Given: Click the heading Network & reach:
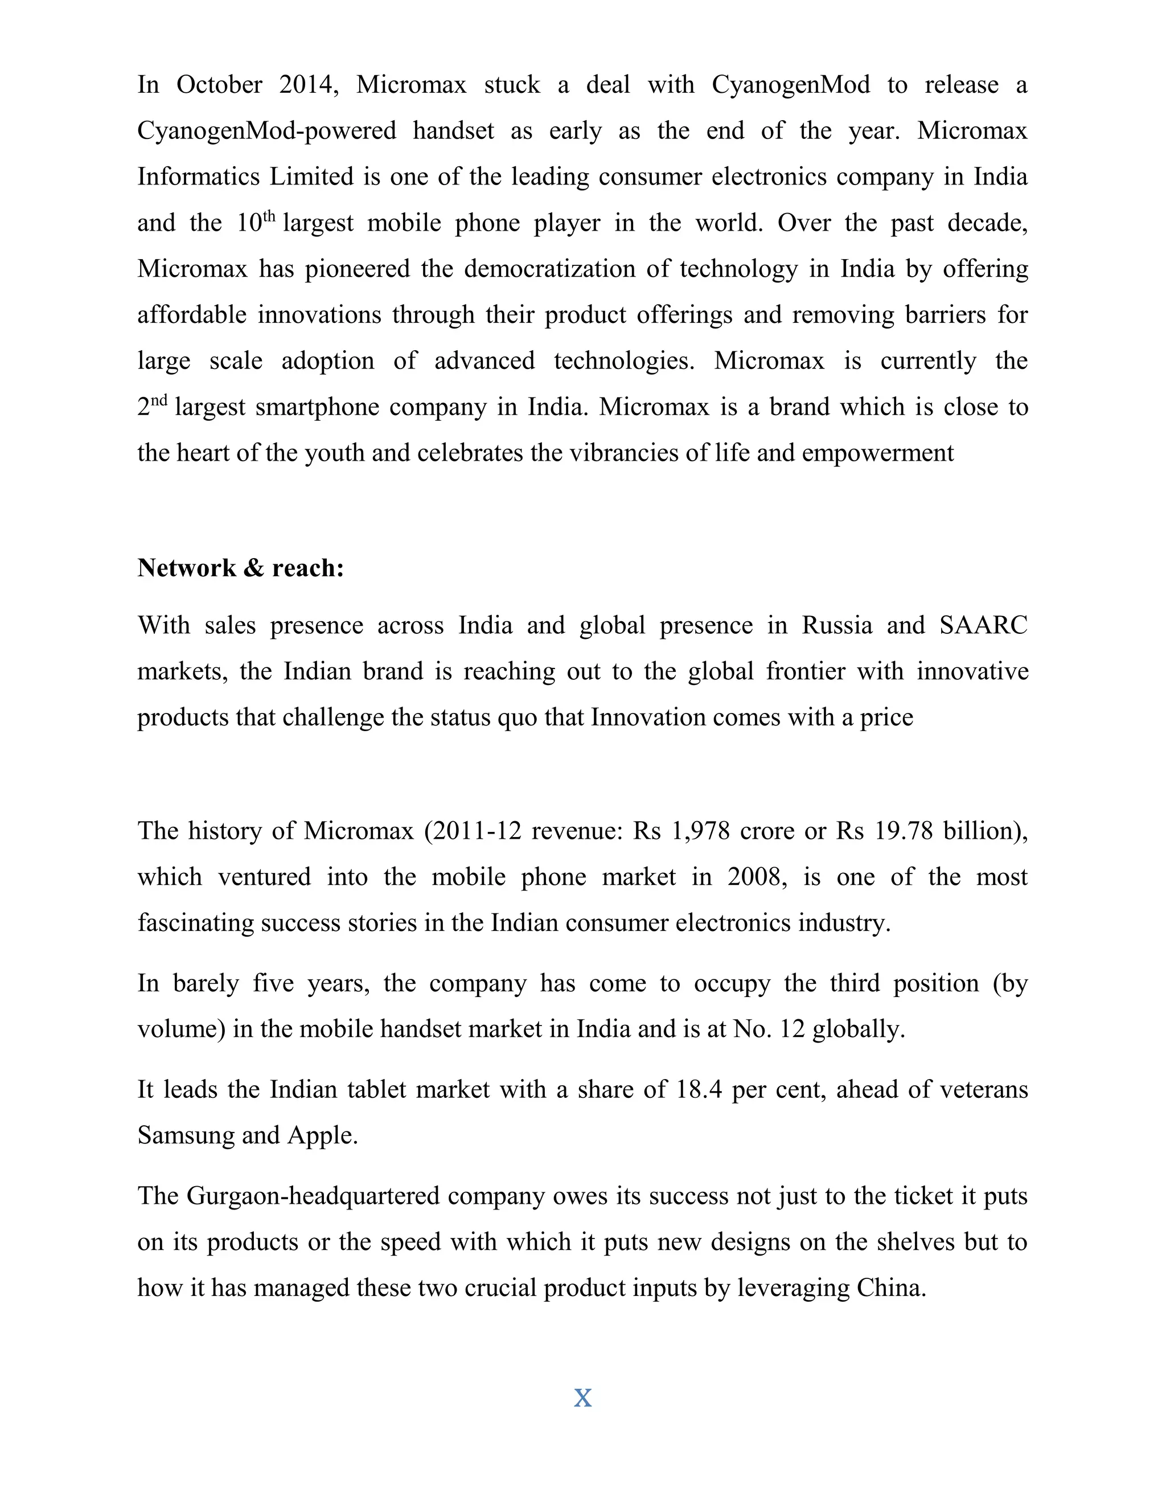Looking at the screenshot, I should [240, 568].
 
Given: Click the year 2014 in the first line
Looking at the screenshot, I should [308, 85].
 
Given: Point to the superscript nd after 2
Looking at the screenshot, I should [159, 400].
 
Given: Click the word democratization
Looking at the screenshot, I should [549, 269].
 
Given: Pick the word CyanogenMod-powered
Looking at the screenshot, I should [266, 130].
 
